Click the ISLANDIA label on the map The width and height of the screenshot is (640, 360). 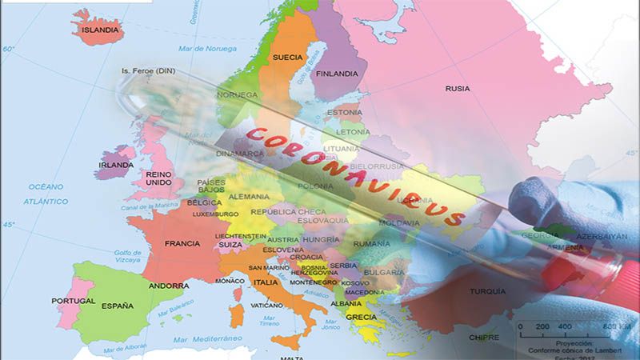[x=100, y=30]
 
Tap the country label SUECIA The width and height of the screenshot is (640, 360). [x=287, y=58]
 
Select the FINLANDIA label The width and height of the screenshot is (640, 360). [x=336, y=74]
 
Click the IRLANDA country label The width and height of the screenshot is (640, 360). [x=115, y=165]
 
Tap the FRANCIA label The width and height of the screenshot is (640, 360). [x=182, y=243]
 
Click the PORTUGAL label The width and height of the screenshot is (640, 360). [x=74, y=302]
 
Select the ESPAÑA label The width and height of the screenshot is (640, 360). [x=118, y=305]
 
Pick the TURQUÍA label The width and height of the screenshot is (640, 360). [x=488, y=290]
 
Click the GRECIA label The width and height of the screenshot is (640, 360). [x=362, y=317]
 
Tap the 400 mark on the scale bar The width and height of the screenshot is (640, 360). [x=565, y=326]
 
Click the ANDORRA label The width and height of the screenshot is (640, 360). [x=169, y=286]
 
